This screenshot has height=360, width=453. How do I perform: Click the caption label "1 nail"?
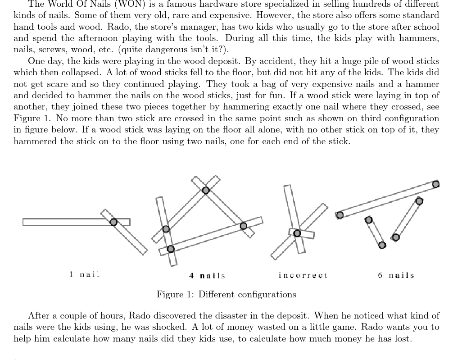[x=85, y=274]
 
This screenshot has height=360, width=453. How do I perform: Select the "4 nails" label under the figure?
[x=207, y=275]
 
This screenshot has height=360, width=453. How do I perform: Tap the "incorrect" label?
[x=303, y=275]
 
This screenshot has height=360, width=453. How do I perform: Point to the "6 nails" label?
[x=396, y=275]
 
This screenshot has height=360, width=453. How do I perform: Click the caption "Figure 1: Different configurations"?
[x=226, y=295]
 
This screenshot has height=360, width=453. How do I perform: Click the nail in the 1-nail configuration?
[x=113, y=222]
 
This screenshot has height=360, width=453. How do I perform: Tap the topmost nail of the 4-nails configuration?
[x=206, y=190]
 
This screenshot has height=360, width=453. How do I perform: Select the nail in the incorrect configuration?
[x=297, y=233]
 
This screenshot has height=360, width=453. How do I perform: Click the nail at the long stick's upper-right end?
[x=435, y=184]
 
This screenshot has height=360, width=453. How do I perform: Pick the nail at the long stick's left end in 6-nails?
[x=340, y=215]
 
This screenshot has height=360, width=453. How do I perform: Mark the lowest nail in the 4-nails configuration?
[x=170, y=249]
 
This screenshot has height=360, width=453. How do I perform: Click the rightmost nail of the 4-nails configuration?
[x=244, y=225]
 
